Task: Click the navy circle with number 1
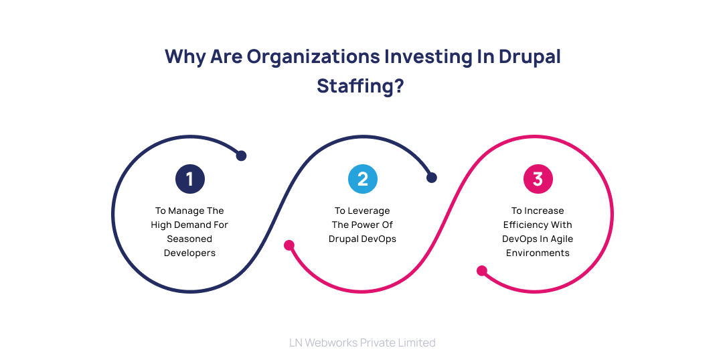click(x=189, y=179)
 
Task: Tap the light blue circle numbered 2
click(x=363, y=179)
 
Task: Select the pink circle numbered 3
click(x=538, y=179)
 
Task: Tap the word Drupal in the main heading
click(x=526, y=56)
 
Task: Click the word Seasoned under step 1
click(x=189, y=239)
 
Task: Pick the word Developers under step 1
click(x=189, y=253)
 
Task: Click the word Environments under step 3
click(x=538, y=253)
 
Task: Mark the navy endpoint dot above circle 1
click(x=241, y=156)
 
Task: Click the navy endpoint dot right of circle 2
click(x=432, y=178)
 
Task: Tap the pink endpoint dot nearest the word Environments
click(x=481, y=271)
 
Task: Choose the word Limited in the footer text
click(x=416, y=343)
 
